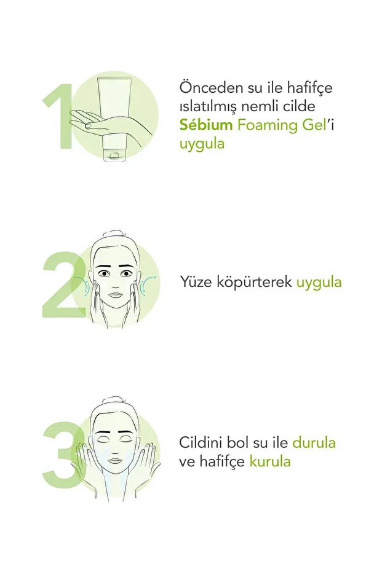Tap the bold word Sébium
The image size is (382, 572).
pyautogui.click(x=205, y=125)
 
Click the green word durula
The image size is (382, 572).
pyautogui.click(x=314, y=442)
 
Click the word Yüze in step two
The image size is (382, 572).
pyautogui.click(x=195, y=283)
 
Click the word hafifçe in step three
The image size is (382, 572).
pyautogui.click(x=221, y=461)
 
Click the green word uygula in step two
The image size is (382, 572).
pyautogui.click(x=319, y=283)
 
